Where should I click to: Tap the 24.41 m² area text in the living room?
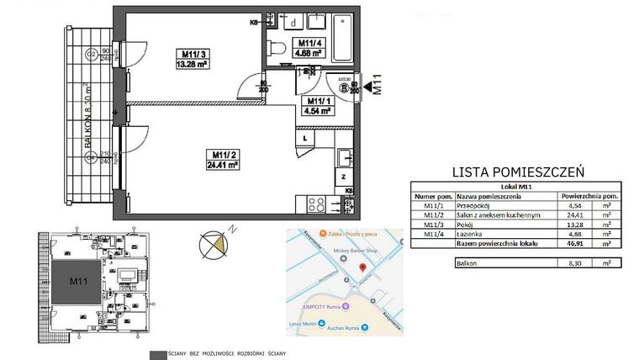221,166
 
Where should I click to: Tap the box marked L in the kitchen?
304,138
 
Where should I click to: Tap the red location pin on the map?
363,267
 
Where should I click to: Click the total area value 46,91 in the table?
575,244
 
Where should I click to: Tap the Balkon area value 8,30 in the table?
575,262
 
